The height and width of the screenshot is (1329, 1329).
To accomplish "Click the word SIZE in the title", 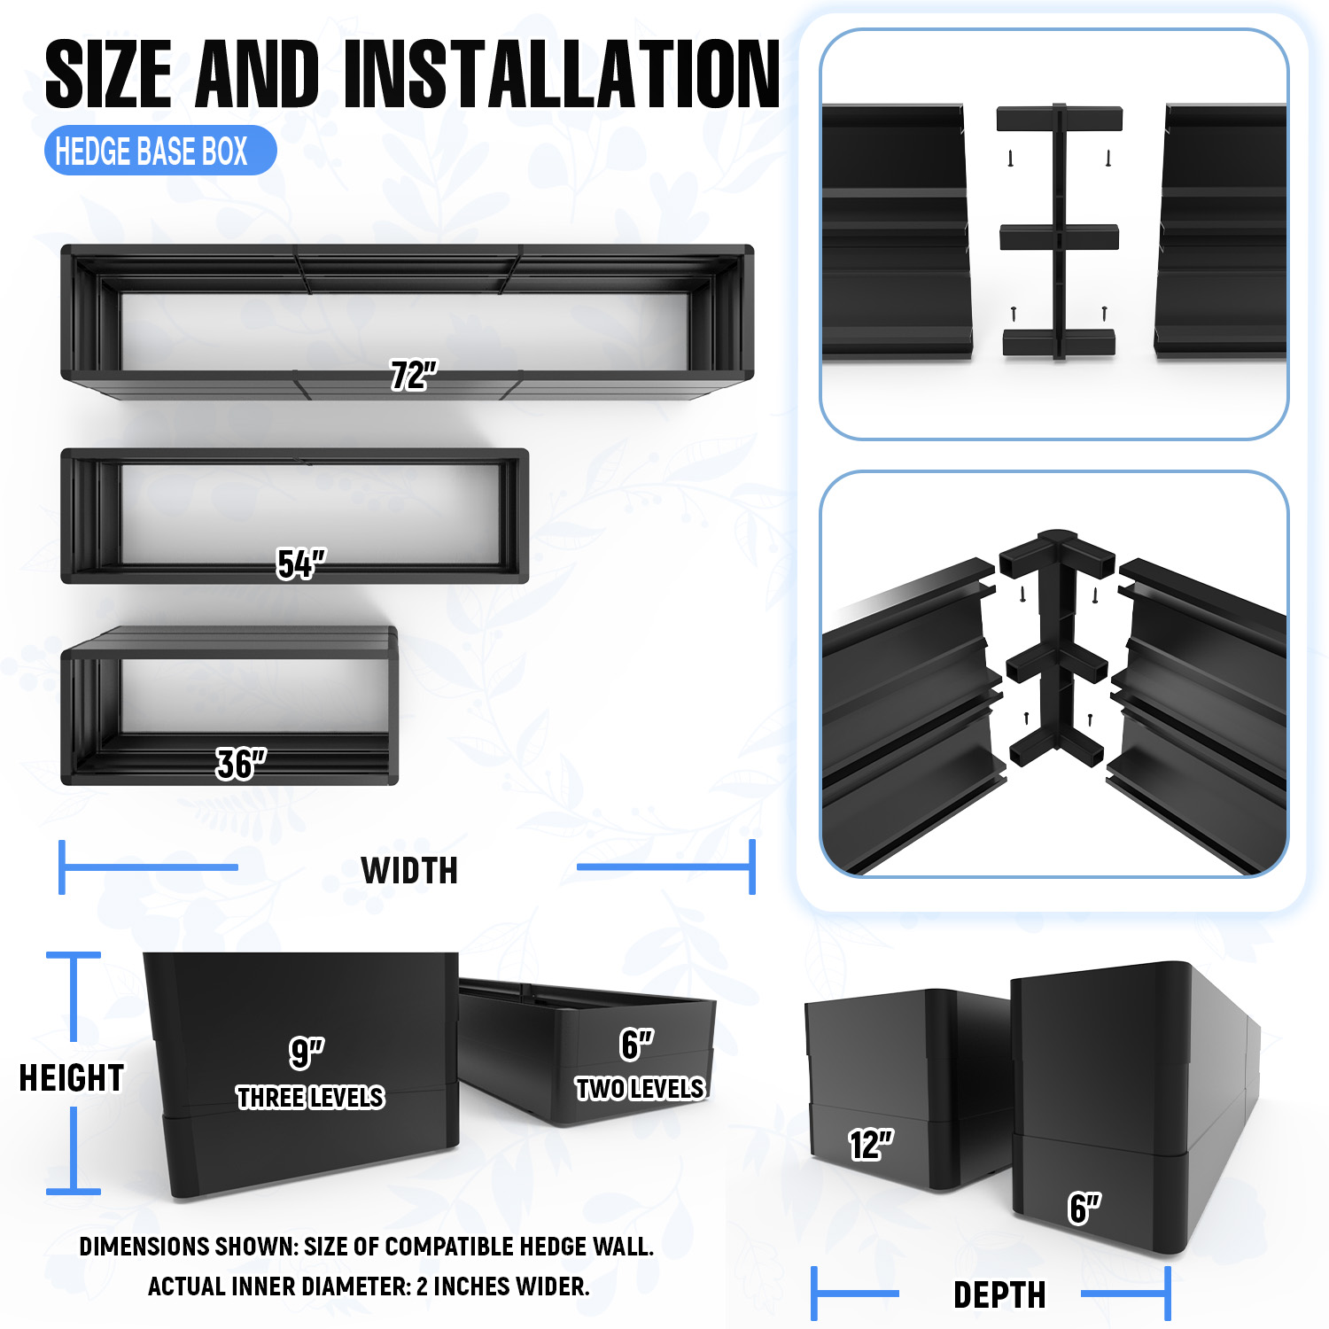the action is (108, 74).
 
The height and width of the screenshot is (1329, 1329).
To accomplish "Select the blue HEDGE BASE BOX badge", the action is (160, 152).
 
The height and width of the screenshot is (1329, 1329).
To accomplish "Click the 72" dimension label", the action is (414, 376).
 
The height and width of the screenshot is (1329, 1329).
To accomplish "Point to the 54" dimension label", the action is (301, 563).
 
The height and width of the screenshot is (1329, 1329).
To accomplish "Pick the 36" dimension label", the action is (241, 764).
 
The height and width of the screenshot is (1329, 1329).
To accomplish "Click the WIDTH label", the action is (409, 871).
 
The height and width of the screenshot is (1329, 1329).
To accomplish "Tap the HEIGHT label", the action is (72, 1078).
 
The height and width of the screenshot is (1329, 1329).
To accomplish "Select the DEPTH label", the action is (999, 1295).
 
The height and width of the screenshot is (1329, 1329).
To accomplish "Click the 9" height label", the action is (307, 1053).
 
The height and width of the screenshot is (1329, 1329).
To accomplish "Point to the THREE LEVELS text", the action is (310, 1098).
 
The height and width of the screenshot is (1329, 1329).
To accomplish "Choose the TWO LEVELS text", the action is (640, 1089).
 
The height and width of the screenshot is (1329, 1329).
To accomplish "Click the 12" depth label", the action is (871, 1145).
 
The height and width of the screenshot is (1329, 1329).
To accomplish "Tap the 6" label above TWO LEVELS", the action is (636, 1045).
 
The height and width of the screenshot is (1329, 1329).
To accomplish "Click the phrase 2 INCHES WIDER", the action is (502, 1286).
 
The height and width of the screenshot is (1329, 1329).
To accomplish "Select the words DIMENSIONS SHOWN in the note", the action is (189, 1247).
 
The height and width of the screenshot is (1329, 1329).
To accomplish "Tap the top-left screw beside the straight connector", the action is (1010, 158).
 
